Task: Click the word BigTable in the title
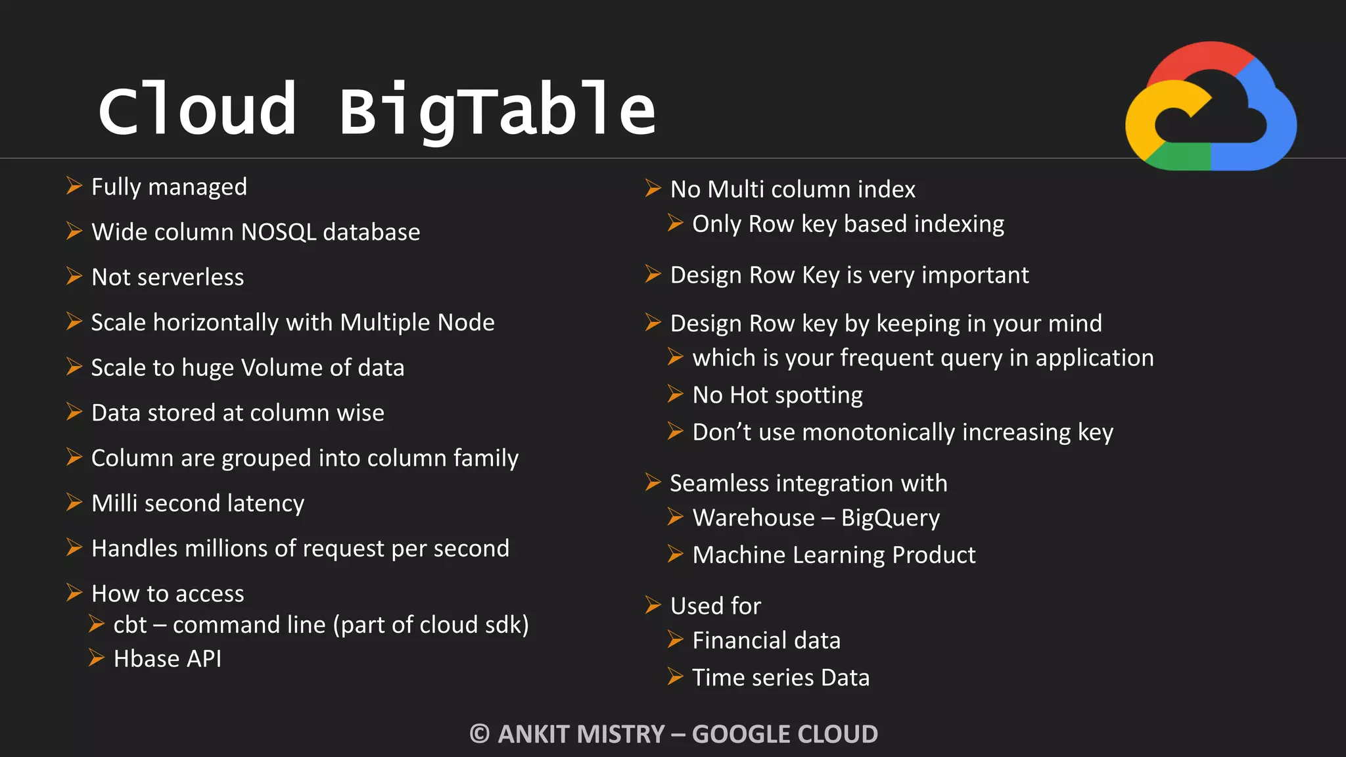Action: (x=498, y=110)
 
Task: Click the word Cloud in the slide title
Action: (x=197, y=110)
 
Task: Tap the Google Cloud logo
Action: (x=1211, y=107)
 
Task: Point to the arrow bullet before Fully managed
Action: (x=74, y=186)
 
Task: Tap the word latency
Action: (x=266, y=503)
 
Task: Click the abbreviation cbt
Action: (x=129, y=625)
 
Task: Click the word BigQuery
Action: (x=891, y=518)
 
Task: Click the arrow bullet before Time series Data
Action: (x=675, y=676)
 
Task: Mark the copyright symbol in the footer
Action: (x=480, y=734)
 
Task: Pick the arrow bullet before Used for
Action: (x=653, y=605)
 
